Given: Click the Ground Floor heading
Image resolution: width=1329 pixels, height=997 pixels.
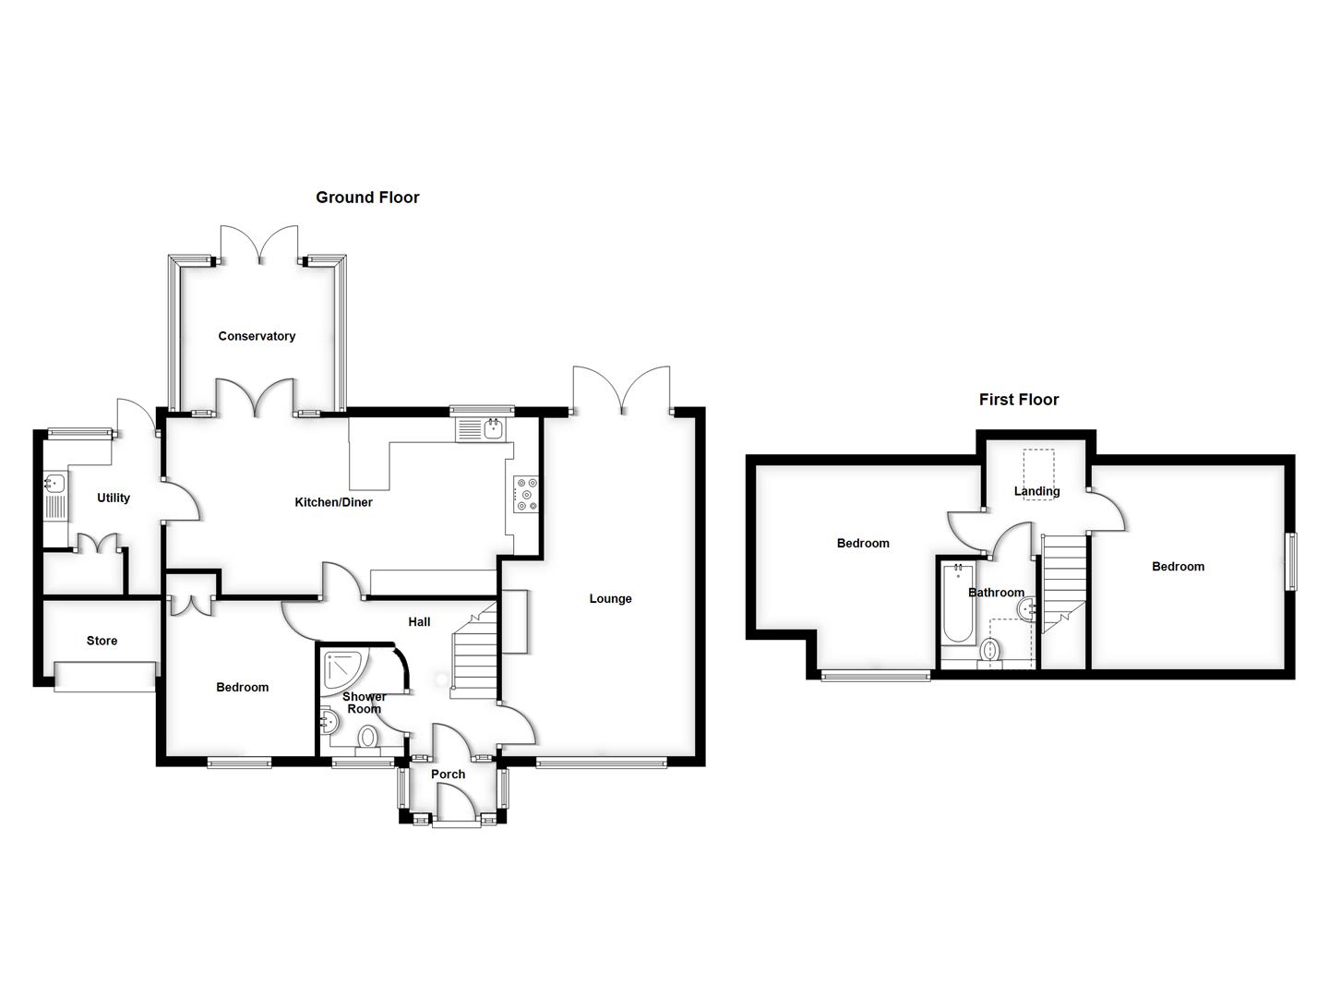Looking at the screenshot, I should pos(367,197).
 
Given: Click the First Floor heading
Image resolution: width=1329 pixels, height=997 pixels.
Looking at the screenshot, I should pos(1019,400).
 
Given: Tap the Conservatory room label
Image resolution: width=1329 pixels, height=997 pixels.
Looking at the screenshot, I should pos(257,336).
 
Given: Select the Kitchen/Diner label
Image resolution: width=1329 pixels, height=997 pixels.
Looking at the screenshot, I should pos(333,502).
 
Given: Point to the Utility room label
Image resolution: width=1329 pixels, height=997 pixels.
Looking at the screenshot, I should pos(114,498).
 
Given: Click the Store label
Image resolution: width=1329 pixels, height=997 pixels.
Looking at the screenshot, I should pos(102,641).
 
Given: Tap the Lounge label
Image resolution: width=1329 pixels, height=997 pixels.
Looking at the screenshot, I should pos(610,598).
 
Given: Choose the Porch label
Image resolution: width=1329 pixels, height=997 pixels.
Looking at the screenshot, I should pos(449,774).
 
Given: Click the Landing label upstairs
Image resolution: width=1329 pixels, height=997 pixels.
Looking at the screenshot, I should pos(1036,491).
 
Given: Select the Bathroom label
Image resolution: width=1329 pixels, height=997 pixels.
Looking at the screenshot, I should pos(996,593).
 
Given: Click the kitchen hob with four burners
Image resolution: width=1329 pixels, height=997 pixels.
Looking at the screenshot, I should pos(527,493).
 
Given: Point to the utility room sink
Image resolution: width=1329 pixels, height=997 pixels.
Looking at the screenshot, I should pos(54,482).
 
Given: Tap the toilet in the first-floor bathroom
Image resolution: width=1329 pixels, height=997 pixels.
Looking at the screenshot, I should pos(990,650).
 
